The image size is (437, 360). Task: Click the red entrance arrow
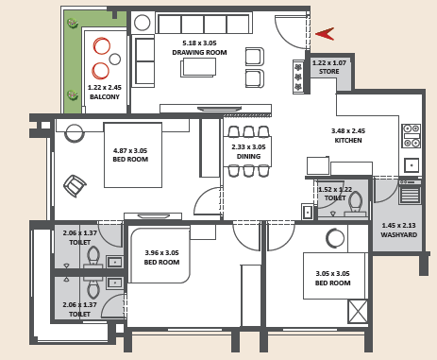point(325,34)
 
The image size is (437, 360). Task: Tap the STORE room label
point(329,72)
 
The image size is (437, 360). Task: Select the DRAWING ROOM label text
point(199,52)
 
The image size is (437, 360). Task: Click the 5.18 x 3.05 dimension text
point(199,43)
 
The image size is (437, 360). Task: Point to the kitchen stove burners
point(412,136)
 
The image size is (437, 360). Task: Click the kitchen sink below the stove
point(412,165)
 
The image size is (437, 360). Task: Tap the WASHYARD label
point(399,235)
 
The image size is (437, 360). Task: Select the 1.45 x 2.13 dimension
point(398,226)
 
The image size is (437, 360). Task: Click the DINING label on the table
point(248,156)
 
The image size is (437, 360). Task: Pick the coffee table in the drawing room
point(198,67)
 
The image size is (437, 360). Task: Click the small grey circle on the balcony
point(115,59)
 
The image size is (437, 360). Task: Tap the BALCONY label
point(105,97)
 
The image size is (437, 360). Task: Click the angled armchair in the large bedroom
point(75,186)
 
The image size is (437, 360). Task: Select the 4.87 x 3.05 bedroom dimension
point(130,150)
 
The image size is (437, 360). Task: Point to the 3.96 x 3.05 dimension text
point(161,252)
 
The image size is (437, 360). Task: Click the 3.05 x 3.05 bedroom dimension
point(333,273)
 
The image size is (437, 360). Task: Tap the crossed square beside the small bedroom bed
point(358,311)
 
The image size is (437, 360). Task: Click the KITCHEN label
point(348,141)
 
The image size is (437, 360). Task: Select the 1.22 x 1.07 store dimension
point(329,63)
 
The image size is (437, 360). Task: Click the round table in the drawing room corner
point(142,23)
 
